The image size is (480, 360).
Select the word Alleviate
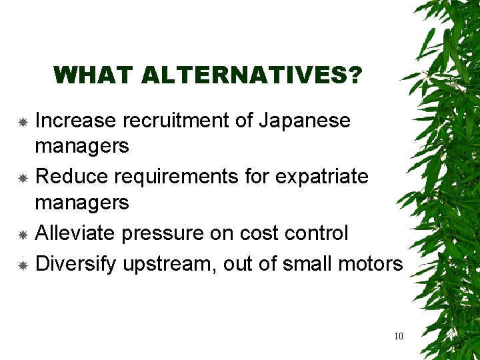tap(77, 233)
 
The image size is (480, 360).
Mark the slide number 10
tap(399, 336)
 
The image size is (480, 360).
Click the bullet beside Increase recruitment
tap(22, 123)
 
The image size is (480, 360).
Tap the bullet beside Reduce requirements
tap(22, 179)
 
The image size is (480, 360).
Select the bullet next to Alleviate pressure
tap(22, 235)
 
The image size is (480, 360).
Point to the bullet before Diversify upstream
tap(22, 265)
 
